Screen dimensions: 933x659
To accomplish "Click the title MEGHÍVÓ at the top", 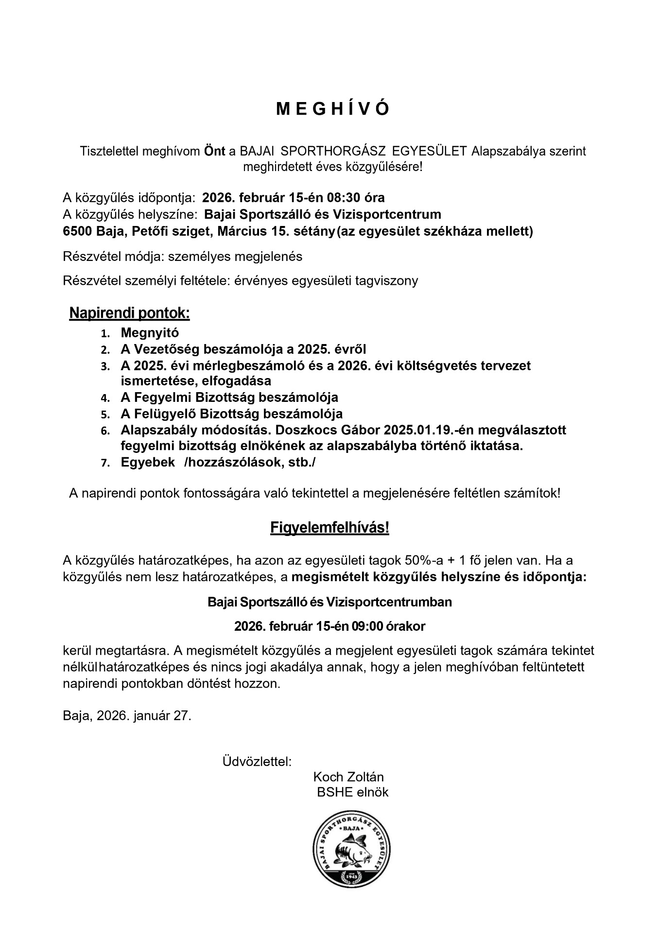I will click(332, 109).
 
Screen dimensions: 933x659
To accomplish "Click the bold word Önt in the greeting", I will click(214, 151).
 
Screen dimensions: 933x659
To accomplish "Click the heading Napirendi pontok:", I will click(129, 313).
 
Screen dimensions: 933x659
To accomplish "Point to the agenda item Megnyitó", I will click(150, 333).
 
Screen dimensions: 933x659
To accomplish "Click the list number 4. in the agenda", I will click(105, 398).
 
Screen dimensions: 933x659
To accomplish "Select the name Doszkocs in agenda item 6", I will click(309, 430).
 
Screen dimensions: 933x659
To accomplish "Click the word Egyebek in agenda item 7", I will click(148, 463).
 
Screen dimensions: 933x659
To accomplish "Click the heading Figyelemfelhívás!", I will click(329, 528).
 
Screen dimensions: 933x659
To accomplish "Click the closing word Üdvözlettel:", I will click(257, 761).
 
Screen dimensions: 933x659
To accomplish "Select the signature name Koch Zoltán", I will click(348, 777).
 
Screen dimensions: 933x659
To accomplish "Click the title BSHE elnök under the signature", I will click(352, 792).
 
